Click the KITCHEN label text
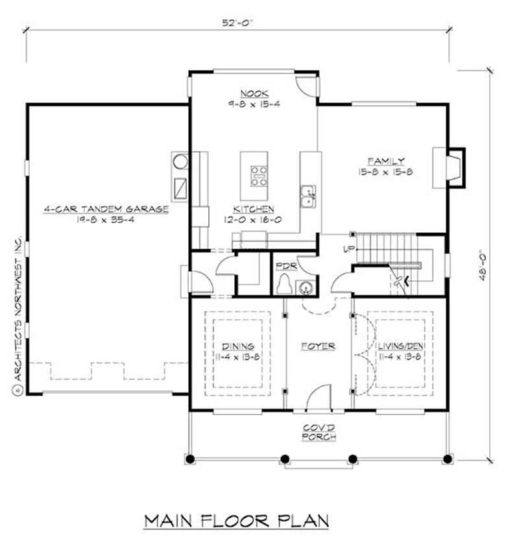coord(254,210)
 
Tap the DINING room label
coord(238,346)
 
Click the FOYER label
coord(319,346)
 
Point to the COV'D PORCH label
coord(319,433)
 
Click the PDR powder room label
coord(282,266)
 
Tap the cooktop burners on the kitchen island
coord(259,176)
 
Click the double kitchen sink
coord(308,195)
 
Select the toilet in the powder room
coord(283,284)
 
